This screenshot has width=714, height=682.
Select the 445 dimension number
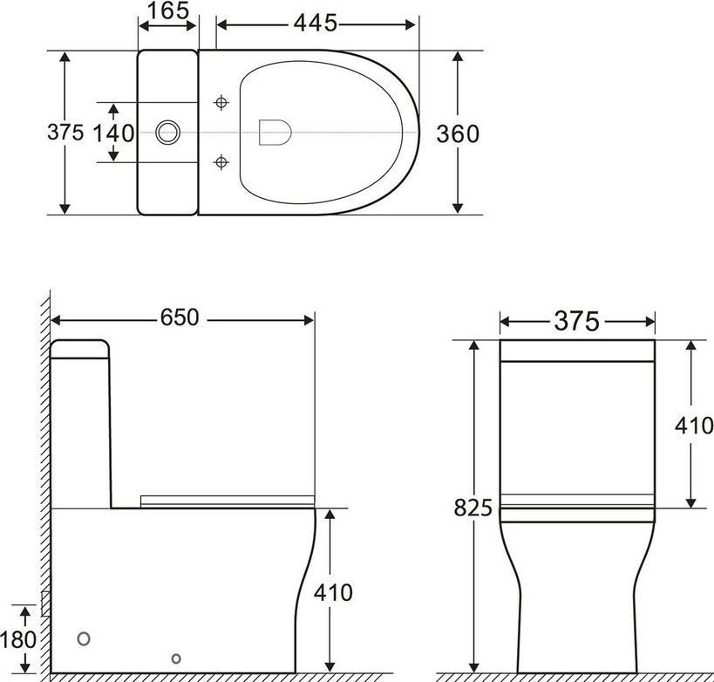(x=316, y=24)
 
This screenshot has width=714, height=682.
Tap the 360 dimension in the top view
(x=458, y=133)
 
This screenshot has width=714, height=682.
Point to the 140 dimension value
(x=113, y=133)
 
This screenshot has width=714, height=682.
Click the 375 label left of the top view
(x=65, y=133)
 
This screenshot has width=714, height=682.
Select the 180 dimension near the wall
(x=18, y=638)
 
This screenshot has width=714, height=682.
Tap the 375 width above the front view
(x=577, y=322)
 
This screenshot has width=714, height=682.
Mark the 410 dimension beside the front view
(x=694, y=426)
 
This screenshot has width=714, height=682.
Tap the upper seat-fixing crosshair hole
(x=221, y=103)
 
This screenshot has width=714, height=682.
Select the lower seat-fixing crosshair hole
(x=221, y=162)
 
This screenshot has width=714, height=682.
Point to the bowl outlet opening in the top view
(x=275, y=132)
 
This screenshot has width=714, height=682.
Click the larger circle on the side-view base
(x=85, y=638)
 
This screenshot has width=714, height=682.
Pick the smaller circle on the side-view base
(x=176, y=658)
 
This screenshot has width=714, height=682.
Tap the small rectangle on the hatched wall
(x=44, y=601)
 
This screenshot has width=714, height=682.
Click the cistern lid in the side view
(x=80, y=349)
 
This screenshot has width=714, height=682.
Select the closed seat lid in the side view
(x=227, y=500)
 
